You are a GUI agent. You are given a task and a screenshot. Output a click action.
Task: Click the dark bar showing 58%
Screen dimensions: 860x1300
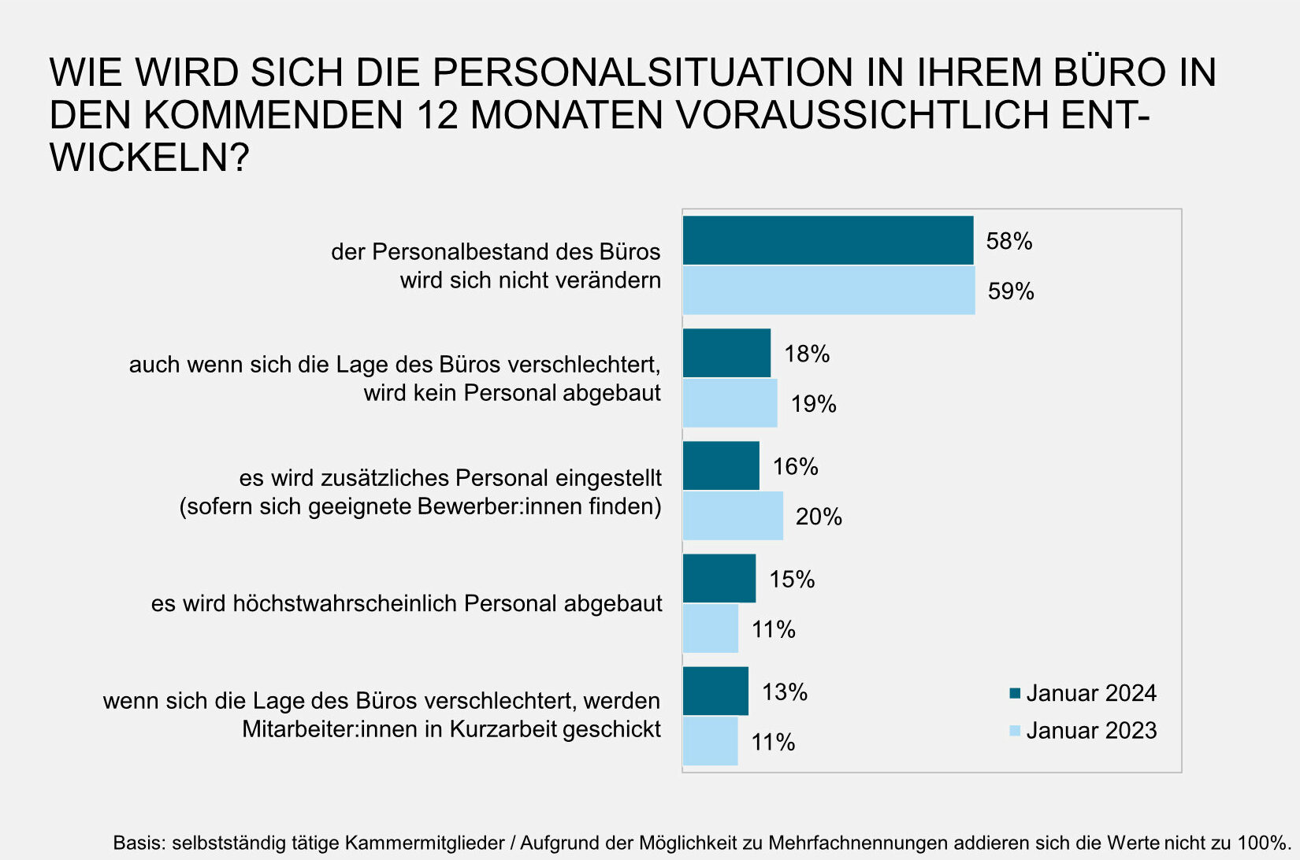pos(827,240)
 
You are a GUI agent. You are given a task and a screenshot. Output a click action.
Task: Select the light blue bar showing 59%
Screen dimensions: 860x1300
pos(828,291)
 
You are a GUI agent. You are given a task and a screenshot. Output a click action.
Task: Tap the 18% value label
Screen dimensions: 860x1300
pos(807,354)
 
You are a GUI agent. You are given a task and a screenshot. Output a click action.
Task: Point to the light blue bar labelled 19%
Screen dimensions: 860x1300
pos(730,403)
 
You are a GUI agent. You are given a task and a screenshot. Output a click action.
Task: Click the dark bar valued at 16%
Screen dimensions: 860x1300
pos(721,465)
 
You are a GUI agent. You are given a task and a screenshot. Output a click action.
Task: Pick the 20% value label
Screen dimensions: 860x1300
pos(819,517)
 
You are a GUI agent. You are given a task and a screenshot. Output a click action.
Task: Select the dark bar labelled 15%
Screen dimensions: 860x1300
pos(719,578)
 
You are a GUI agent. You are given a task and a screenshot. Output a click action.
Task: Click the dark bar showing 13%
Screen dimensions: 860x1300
pos(715,691)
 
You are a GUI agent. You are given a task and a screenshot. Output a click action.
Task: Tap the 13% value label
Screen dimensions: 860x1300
pos(785,691)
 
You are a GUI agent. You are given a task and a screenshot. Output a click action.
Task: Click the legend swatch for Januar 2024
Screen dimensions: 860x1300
pos(1015,693)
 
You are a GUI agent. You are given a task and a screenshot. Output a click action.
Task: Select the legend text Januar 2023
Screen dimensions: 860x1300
pos(1091,730)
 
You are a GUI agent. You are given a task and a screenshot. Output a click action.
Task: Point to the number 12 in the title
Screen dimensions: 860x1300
pos(437,115)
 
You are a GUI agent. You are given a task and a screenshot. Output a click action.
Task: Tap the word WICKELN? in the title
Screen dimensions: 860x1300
pos(150,158)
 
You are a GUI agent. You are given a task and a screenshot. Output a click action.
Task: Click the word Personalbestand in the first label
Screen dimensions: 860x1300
pos(461,251)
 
